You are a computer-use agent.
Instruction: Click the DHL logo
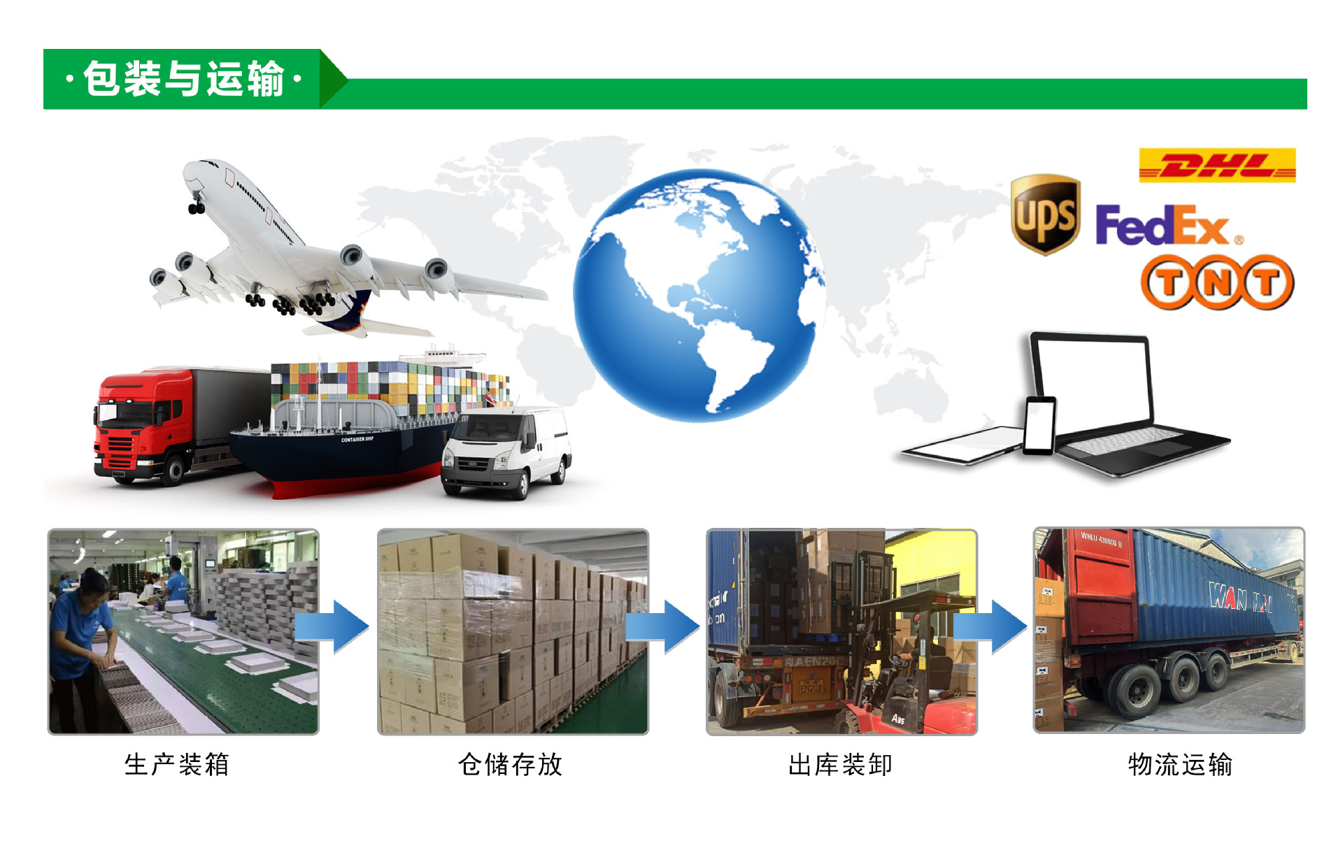1216,166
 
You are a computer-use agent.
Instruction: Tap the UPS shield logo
1045,215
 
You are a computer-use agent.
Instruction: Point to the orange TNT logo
1217,282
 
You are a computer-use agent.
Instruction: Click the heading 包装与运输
183,78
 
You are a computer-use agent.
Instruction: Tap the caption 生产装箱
177,764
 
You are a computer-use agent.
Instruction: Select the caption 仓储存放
511,764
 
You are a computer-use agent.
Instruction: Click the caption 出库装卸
841,764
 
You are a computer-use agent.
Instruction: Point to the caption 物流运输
1180,764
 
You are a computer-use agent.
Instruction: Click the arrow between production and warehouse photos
332,626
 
